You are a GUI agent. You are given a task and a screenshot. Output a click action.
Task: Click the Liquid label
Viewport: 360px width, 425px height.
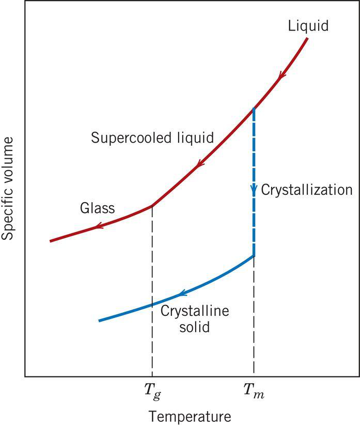[309, 25]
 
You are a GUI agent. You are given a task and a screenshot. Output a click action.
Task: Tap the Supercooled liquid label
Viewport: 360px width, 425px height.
[152, 138]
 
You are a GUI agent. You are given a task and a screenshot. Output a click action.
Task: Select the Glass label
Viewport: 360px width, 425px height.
[98, 209]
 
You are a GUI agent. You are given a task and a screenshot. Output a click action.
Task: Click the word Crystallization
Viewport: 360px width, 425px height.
[306, 189]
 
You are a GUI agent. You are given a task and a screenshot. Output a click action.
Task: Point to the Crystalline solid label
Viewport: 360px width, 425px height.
[195, 319]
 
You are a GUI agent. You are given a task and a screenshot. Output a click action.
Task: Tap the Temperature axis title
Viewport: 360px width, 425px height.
[190, 416]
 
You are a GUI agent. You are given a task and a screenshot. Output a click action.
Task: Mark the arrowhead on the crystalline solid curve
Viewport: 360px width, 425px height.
[181, 294]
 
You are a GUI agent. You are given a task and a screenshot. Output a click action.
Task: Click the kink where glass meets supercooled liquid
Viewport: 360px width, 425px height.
[152, 205]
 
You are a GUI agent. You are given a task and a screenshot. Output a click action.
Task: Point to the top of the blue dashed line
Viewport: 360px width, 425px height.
[254, 109]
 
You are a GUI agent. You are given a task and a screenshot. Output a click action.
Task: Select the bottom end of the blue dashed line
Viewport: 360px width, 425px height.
[254, 255]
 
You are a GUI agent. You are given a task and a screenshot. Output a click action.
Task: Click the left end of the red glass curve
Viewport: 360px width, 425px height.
[51, 241]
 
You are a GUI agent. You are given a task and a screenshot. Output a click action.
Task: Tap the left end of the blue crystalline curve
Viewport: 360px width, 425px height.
[99, 321]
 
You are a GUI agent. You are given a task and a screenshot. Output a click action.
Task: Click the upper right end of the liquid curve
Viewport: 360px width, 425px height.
[308, 39]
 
